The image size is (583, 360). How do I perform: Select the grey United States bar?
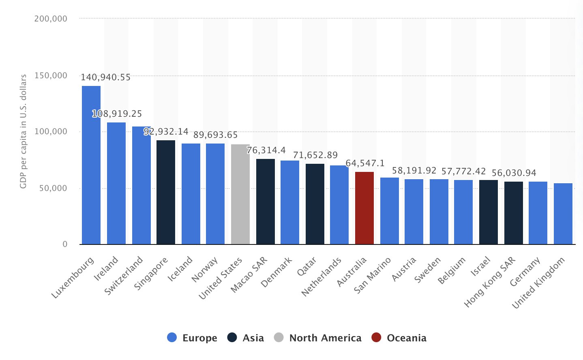(240, 194)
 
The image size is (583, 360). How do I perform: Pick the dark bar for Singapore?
(166, 192)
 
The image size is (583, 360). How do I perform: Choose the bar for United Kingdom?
(563, 214)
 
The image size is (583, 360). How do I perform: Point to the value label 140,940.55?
(105, 77)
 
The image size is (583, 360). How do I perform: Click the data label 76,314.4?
(266, 150)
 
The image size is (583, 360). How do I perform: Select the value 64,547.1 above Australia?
(365, 163)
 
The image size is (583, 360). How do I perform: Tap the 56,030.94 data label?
(514, 173)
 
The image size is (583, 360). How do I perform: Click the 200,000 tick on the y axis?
(51, 19)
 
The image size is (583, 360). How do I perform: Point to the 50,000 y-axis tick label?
(53, 188)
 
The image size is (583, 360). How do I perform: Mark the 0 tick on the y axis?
(65, 244)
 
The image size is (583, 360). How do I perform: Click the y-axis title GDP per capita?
(23, 131)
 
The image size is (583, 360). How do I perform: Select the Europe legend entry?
(192, 338)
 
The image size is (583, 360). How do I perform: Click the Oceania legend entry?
(399, 338)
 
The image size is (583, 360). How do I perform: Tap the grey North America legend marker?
(279, 337)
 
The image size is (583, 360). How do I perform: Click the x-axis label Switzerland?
(124, 275)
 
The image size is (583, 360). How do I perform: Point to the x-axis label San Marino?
(372, 275)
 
